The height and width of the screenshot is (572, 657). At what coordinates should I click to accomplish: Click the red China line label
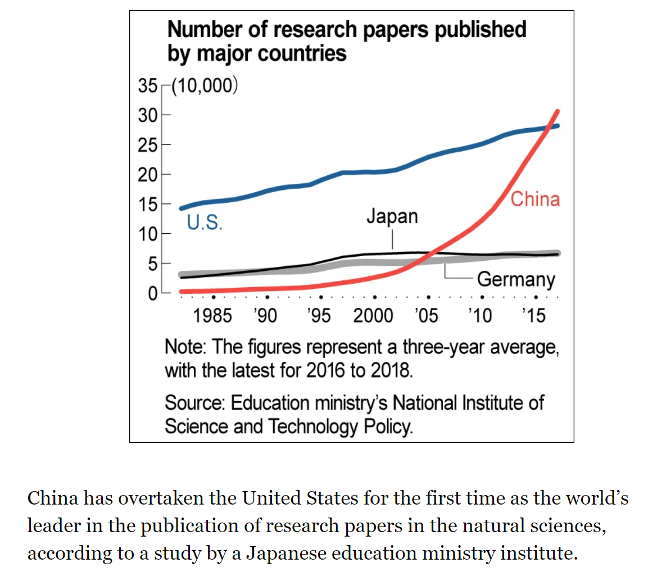[x=535, y=199]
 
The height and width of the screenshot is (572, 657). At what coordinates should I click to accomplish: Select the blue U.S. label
[x=205, y=223]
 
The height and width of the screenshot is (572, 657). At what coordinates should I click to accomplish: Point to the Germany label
[x=516, y=279]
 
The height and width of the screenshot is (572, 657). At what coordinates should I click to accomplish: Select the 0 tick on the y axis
[x=151, y=293]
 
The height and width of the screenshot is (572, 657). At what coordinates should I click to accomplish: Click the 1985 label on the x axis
[x=212, y=316]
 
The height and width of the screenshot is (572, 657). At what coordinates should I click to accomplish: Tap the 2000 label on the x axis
[x=373, y=316]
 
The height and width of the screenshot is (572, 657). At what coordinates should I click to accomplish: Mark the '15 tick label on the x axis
[x=534, y=316]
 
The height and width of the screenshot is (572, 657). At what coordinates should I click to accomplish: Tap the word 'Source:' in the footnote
[x=195, y=403]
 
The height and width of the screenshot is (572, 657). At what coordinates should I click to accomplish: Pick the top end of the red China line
[x=558, y=111]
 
